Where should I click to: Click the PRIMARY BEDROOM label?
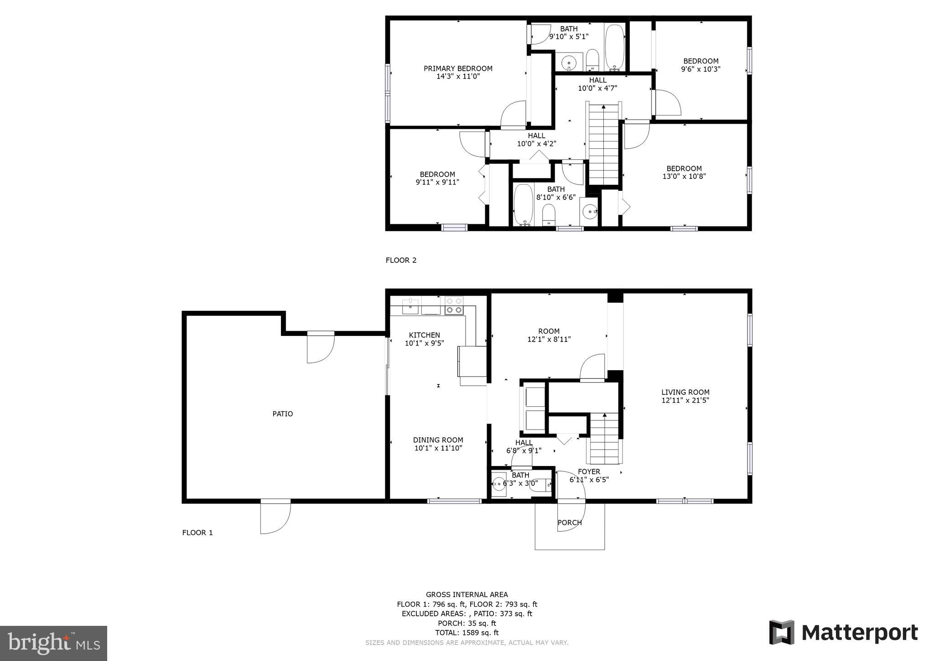(x=458, y=68)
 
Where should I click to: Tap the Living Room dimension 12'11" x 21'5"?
(x=685, y=400)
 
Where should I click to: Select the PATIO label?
(x=282, y=414)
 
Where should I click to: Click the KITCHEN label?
(x=424, y=335)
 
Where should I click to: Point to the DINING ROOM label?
(x=438, y=440)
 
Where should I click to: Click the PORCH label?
(x=570, y=523)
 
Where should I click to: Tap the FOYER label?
(x=589, y=472)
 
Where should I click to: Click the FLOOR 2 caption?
(x=401, y=260)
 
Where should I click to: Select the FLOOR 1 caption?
(x=197, y=532)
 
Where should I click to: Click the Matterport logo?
(x=843, y=633)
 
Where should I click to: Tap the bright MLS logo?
(x=53, y=643)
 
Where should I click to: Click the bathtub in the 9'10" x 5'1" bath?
(x=614, y=47)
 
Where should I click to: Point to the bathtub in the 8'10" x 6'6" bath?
(x=523, y=204)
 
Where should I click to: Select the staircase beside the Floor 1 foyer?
(x=605, y=438)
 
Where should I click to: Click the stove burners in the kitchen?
(x=454, y=305)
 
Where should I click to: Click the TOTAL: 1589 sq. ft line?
(x=467, y=633)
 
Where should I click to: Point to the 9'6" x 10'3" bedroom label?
(x=700, y=65)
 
